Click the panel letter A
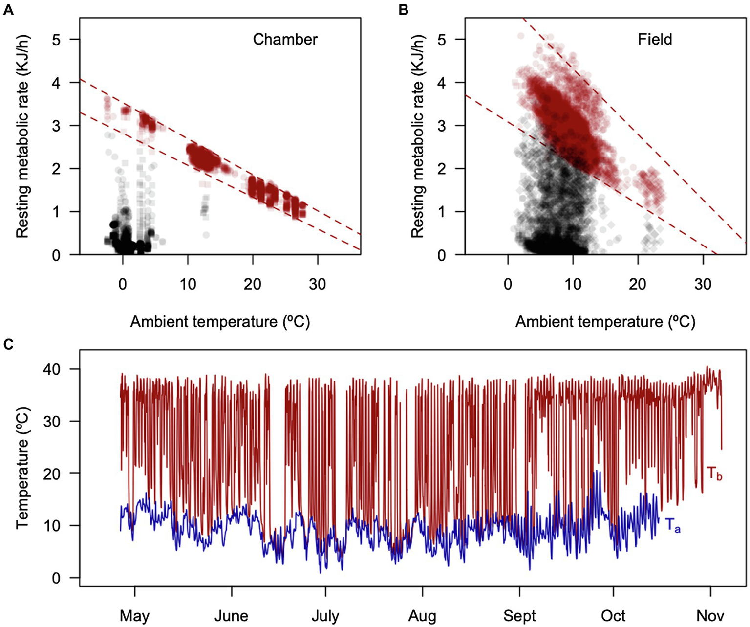8,9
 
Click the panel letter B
404,9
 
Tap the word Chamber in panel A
285,39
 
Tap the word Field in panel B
655,39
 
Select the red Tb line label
714,473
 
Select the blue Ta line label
673,526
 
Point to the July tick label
325,616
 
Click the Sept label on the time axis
519,616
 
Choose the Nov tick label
710,616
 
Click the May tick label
134,616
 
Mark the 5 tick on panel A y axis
57,39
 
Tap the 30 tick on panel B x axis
703,284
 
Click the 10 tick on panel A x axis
188,284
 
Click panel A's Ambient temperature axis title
220,322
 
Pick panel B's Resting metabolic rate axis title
417,136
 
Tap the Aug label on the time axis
422,616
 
